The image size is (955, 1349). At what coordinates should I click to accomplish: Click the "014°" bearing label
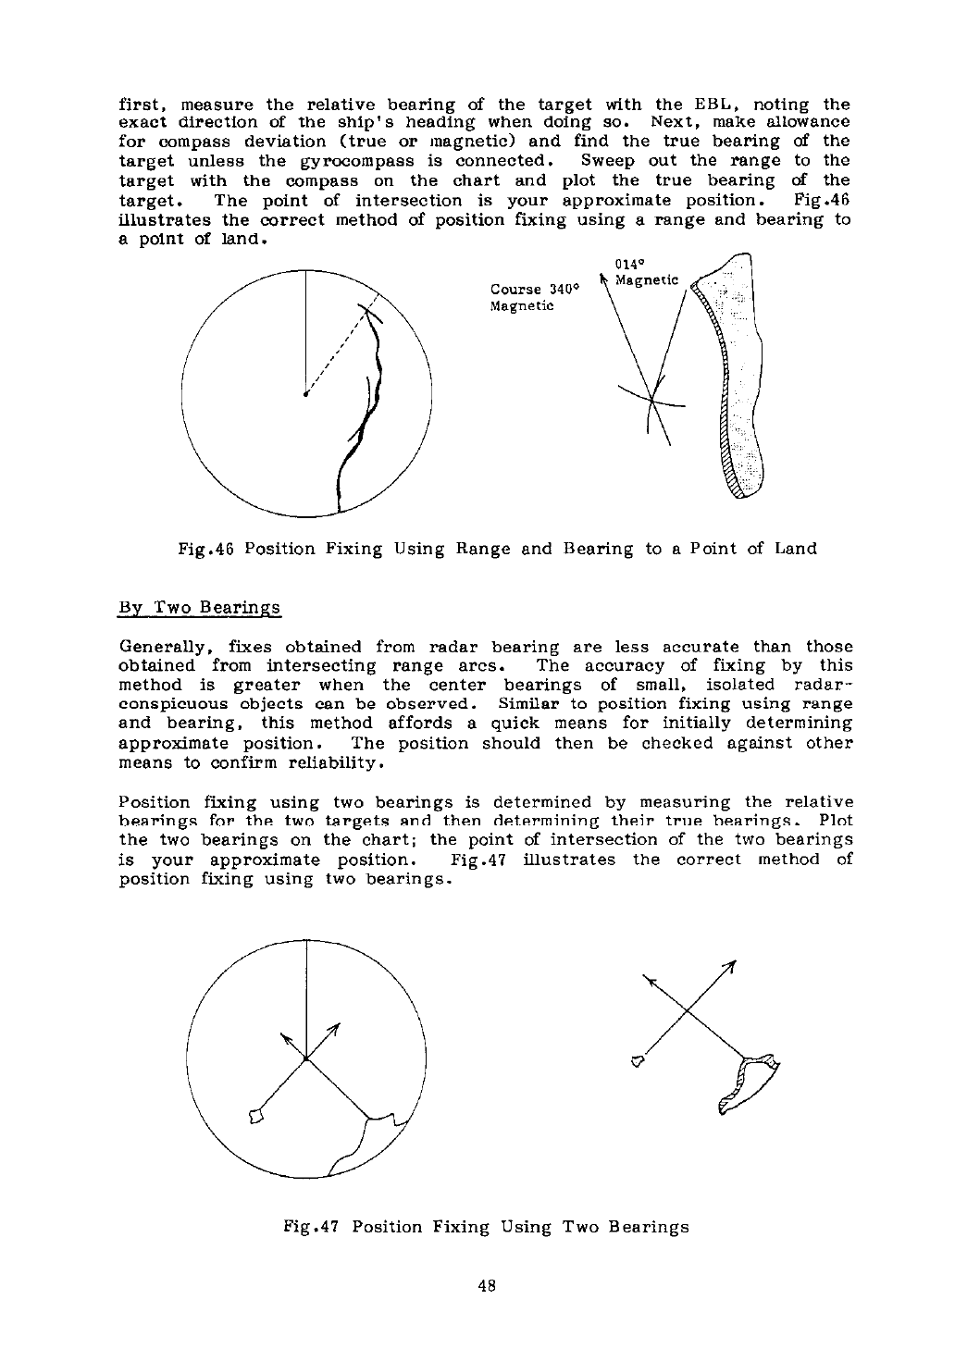(628, 263)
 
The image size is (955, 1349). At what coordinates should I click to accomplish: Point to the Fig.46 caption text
(497, 549)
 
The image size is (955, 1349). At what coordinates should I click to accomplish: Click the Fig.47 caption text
(486, 1227)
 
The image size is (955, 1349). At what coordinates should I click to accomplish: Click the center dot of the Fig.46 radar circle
(305, 395)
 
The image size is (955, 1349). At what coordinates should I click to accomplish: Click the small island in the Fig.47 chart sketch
(636, 1059)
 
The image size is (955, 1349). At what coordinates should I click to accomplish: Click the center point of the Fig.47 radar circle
(305, 1058)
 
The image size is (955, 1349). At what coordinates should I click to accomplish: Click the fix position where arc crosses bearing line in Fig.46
(652, 400)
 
